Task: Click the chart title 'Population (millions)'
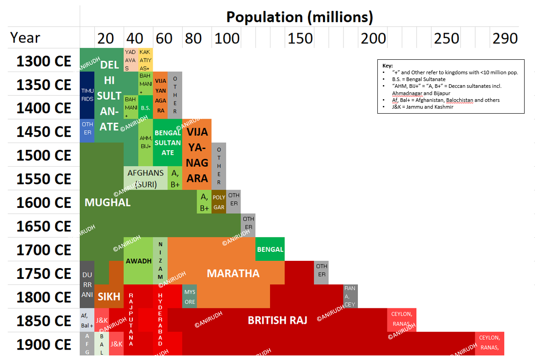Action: click(299, 17)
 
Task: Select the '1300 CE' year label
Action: click(44, 61)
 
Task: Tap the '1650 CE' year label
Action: click(44, 226)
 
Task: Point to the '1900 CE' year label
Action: click(44, 345)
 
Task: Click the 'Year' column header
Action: click(25, 38)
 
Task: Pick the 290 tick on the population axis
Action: click(505, 38)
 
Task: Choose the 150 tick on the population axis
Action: click(300, 38)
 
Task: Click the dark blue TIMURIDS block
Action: click(87, 95)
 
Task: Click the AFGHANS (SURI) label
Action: click(145, 178)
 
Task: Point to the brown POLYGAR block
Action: click(219, 202)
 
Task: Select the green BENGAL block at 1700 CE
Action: click(270, 250)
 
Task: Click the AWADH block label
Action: click(138, 261)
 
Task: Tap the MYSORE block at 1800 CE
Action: click(190, 297)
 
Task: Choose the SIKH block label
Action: click(109, 297)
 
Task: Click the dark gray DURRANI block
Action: click(87, 284)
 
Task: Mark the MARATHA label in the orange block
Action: click(233, 273)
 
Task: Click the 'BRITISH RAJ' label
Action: click(277, 320)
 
